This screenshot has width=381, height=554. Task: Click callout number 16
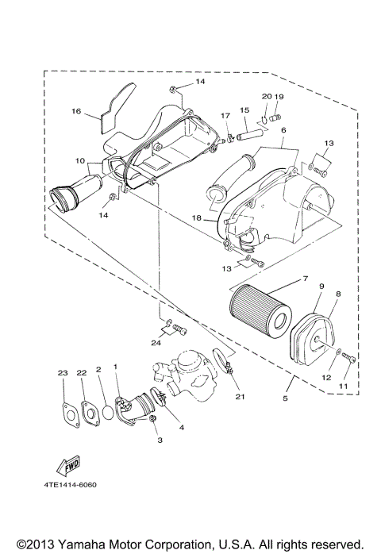click(x=76, y=112)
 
